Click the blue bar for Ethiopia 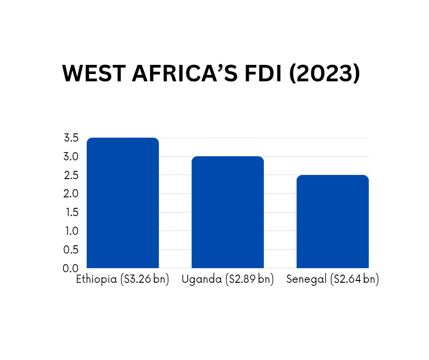coord(123,203)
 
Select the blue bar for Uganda coord(228,212)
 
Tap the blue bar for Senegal coord(333,222)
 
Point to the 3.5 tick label coord(71,138)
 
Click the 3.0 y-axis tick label coord(71,157)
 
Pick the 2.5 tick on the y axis coord(71,175)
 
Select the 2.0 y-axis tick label coord(71,194)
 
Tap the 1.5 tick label coord(71,212)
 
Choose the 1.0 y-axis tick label coord(71,231)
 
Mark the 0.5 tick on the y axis coord(71,250)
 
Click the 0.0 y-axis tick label coord(71,268)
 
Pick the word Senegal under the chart coord(307,280)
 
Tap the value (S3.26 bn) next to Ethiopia coord(144,280)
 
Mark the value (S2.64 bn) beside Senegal coord(354,280)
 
